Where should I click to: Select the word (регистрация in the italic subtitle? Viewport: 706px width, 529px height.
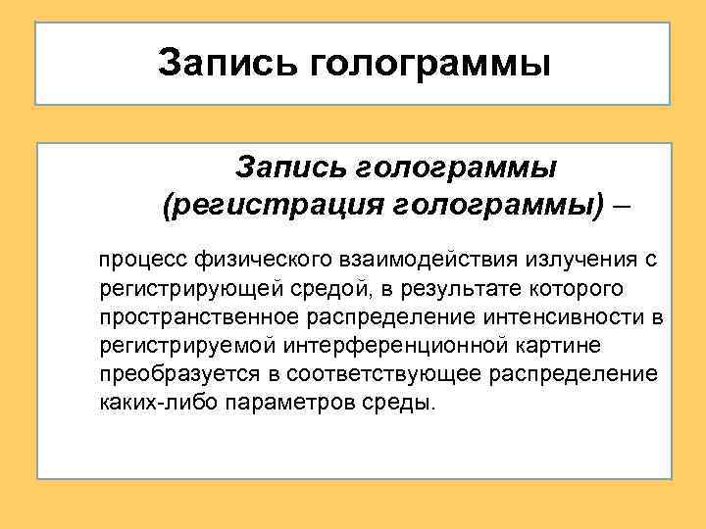[264, 206]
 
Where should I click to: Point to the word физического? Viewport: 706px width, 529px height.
[264, 262]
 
